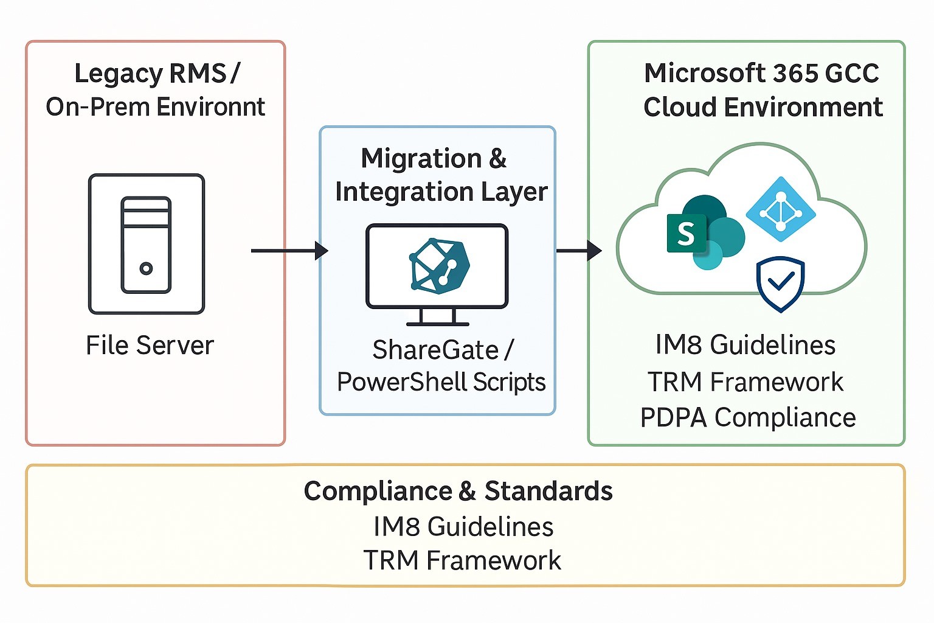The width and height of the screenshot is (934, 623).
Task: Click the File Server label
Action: [x=150, y=346]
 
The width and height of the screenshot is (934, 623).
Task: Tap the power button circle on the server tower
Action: [x=146, y=268]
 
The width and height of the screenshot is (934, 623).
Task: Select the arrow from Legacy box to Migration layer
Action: [x=289, y=250]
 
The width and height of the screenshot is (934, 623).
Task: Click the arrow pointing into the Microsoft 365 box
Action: [x=578, y=250]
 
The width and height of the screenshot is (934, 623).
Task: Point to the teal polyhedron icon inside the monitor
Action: [x=440, y=266]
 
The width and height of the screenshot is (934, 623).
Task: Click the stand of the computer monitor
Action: [x=437, y=318]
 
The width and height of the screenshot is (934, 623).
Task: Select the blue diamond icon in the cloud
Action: [x=781, y=209]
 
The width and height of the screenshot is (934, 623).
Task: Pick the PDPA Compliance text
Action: [x=748, y=418]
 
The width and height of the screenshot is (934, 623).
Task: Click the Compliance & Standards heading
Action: [x=458, y=491]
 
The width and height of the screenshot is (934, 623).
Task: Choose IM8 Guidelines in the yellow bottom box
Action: [x=463, y=527]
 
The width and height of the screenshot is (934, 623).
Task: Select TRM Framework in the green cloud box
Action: [x=745, y=382]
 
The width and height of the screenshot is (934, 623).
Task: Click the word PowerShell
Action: [x=402, y=382]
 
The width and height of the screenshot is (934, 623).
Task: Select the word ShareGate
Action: [x=435, y=350]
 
